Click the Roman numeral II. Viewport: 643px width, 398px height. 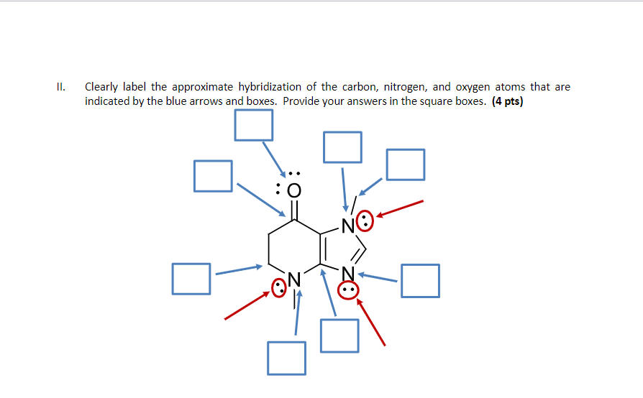[x=60, y=87]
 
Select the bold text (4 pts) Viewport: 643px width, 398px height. [x=508, y=101]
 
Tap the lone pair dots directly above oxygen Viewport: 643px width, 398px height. [x=293, y=173]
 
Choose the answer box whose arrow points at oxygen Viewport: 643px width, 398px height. [x=253, y=125]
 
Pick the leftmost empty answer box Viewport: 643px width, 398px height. [x=191, y=278]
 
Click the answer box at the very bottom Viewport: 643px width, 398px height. [x=286, y=358]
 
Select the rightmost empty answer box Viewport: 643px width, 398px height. [x=420, y=280]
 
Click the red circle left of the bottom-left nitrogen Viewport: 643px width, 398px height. [x=278, y=289]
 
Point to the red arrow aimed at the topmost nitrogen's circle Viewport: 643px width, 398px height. [x=400, y=209]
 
